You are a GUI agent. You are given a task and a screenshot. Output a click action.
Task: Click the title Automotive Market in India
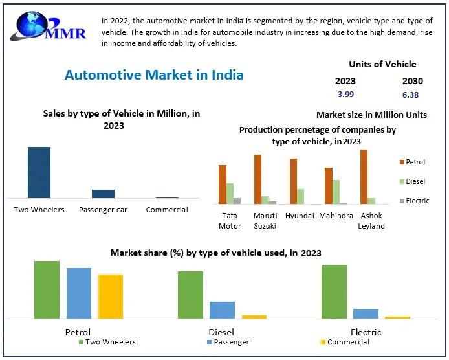tap(154, 74)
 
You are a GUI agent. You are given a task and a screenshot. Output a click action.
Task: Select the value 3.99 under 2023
tap(345, 95)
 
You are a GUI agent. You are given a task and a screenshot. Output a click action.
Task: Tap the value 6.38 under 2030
tap(410, 95)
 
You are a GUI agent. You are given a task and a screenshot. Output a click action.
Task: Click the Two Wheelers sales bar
tap(39, 172)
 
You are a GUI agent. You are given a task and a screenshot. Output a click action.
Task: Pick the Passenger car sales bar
tap(103, 194)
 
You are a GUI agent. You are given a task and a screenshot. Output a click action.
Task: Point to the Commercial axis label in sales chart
tap(167, 210)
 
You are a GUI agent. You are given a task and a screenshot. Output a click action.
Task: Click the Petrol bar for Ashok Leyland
tap(364, 177)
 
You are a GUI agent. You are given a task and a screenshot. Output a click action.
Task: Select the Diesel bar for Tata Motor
tap(230, 194)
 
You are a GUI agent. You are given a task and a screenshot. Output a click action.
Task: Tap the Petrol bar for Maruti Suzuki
tap(257, 179)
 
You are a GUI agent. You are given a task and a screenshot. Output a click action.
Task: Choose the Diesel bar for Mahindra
tap(336, 192)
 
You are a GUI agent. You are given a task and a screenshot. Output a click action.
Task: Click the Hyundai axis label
tap(300, 216)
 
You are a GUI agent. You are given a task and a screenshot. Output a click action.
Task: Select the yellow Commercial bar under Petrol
tap(111, 296)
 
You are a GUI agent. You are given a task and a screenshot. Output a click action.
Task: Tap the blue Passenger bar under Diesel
tap(222, 309)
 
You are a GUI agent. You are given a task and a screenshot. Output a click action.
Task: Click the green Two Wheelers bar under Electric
tap(334, 291)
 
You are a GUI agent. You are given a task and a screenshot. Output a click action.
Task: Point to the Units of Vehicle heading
tap(382, 64)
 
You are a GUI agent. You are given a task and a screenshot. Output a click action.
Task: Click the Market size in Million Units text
tap(371, 115)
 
